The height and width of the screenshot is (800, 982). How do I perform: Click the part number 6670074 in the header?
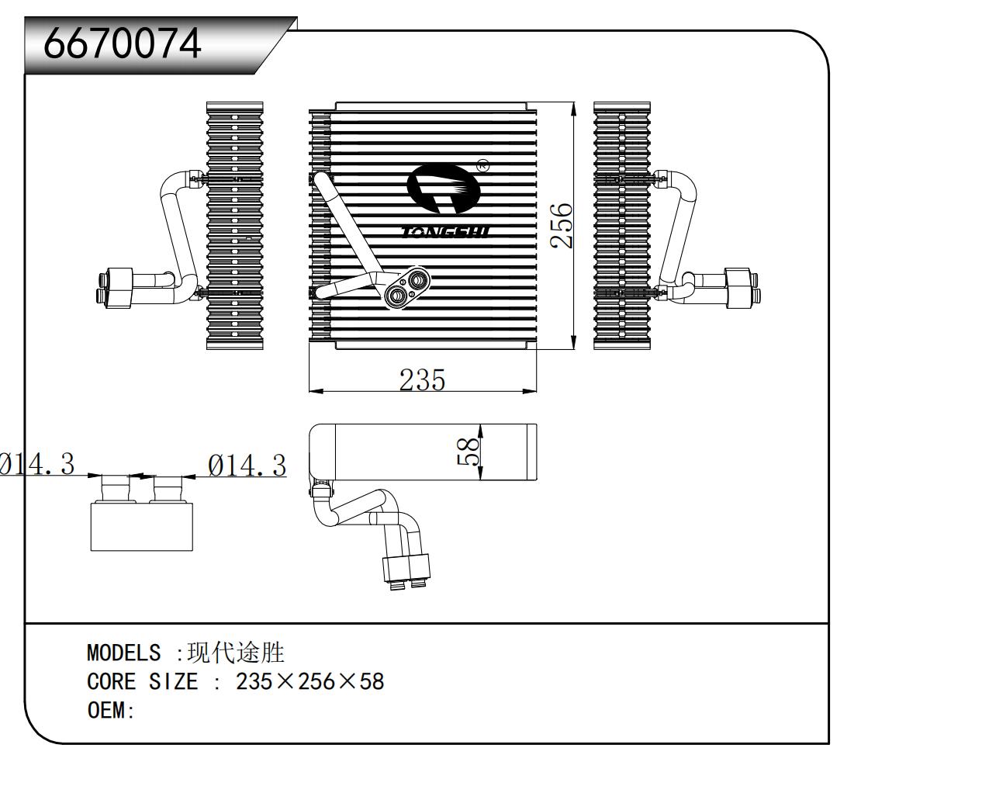[123, 43]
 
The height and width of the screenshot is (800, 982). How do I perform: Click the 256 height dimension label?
[562, 225]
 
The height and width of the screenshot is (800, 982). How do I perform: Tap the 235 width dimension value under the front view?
[422, 379]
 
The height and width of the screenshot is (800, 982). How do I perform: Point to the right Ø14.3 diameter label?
[247, 466]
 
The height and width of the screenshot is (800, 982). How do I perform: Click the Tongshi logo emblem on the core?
[443, 189]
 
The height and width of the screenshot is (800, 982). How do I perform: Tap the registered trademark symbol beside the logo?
[482, 165]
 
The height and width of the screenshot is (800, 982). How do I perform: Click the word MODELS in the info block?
[123, 653]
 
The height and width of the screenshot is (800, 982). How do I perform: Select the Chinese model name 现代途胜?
[236, 653]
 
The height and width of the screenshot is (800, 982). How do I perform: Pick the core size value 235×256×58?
[309, 681]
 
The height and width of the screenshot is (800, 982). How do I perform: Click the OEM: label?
[111, 710]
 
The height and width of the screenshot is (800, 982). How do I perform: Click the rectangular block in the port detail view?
[141, 526]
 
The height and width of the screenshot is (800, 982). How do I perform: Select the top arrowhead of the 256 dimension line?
[573, 109]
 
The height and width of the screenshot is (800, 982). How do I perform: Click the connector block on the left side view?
[120, 288]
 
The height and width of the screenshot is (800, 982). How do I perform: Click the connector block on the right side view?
[738, 288]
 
